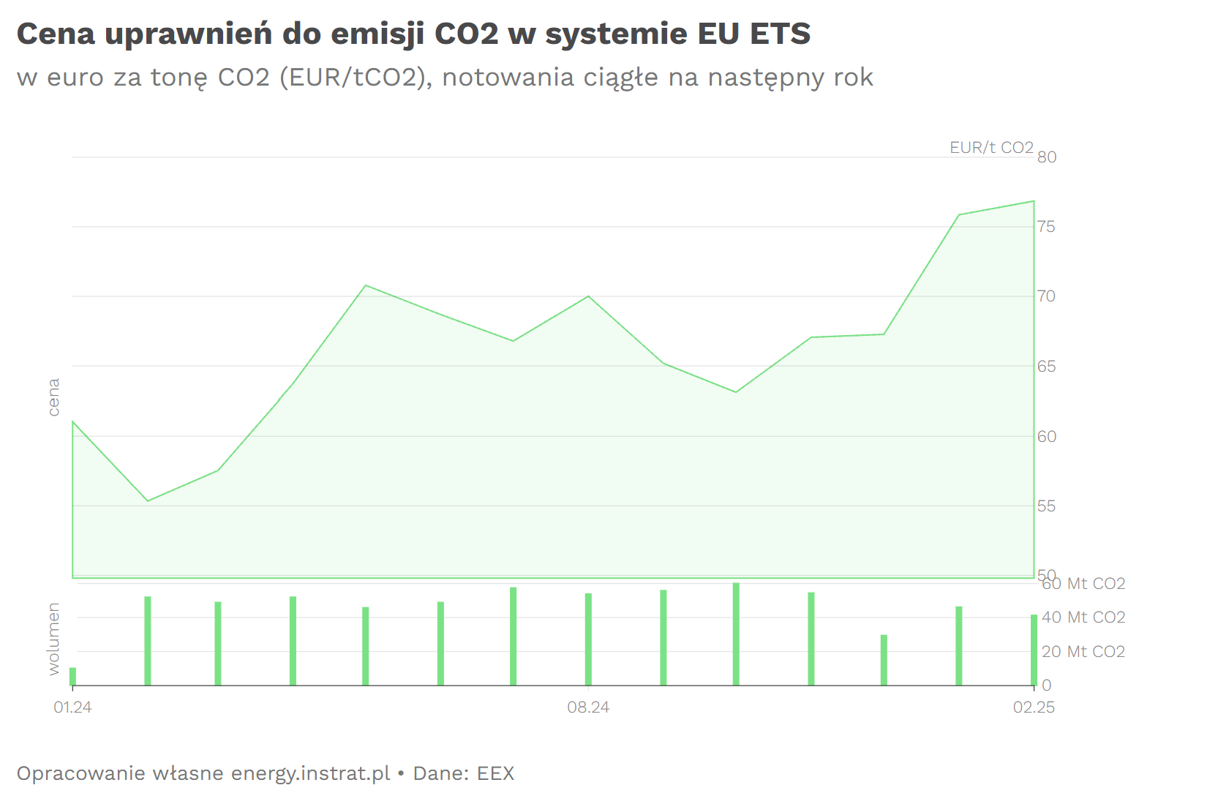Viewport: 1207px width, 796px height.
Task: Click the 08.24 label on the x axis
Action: [588, 707]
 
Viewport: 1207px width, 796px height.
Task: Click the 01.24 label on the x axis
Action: [72, 707]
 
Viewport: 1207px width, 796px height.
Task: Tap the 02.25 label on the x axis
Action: [1033, 707]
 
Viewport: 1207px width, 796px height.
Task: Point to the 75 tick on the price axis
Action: [1047, 227]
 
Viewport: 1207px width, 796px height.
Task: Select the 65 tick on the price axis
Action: [1047, 367]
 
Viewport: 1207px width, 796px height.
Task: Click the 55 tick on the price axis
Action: [1047, 506]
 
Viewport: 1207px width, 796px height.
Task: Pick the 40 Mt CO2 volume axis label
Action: [1083, 617]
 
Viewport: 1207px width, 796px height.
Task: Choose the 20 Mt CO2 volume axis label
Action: [1083, 652]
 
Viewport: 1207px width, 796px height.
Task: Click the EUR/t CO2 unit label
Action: [991, 148]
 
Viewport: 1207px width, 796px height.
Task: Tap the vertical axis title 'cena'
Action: [53, 397]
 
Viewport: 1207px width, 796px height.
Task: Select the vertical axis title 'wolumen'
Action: [53, 639]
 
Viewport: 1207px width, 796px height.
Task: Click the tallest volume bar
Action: [736, 634]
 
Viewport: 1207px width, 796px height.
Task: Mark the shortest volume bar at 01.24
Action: [72, 676]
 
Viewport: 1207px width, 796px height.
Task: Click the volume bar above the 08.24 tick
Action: [588, 639]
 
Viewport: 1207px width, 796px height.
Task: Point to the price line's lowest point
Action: [148, 501]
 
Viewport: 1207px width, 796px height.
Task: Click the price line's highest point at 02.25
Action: [1034, 201]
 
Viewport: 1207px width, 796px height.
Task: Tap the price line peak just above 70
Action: [366, 285]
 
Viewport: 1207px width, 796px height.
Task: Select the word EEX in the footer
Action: [495, 773]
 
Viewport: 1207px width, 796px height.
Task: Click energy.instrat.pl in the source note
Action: [310, 773]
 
